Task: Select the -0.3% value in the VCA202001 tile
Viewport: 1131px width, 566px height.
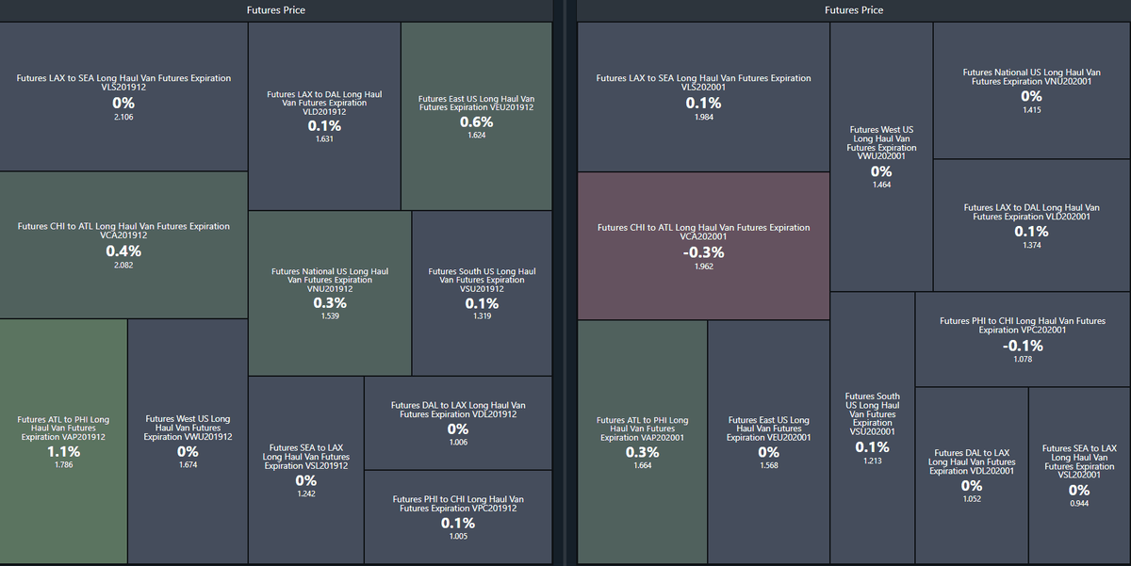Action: click(704, 252)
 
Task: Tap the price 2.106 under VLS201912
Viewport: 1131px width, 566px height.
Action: click(123, 117)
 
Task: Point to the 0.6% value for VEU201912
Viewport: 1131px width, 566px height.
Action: click(476, 121)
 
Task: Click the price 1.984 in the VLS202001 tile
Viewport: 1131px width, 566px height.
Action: click(704, 117)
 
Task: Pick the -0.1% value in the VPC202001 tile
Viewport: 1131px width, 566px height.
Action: click(1023, 346)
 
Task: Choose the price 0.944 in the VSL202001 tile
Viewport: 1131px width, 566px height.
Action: click(1079, 504)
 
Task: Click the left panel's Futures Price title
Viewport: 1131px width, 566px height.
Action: click(275, 10)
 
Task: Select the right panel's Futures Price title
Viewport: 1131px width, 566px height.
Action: click(854, 10)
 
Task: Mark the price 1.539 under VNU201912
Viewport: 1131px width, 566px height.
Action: click(329, 316)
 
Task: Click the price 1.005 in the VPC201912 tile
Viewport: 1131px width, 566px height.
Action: click(458, 536)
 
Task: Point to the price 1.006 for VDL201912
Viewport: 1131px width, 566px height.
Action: click(458, 443)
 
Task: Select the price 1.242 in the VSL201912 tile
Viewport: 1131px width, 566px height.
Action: click(306, 493)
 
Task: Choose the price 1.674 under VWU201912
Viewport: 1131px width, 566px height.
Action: click(188, 465)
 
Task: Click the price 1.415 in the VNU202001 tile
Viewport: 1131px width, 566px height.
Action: click(1032, 110)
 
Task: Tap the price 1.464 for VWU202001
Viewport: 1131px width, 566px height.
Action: click(881, 185)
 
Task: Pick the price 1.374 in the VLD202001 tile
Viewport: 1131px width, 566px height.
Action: click(1032, 246)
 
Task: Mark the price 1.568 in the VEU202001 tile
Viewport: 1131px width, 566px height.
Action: click(769, 465)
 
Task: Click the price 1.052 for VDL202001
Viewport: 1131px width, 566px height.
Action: click(972, 499)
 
